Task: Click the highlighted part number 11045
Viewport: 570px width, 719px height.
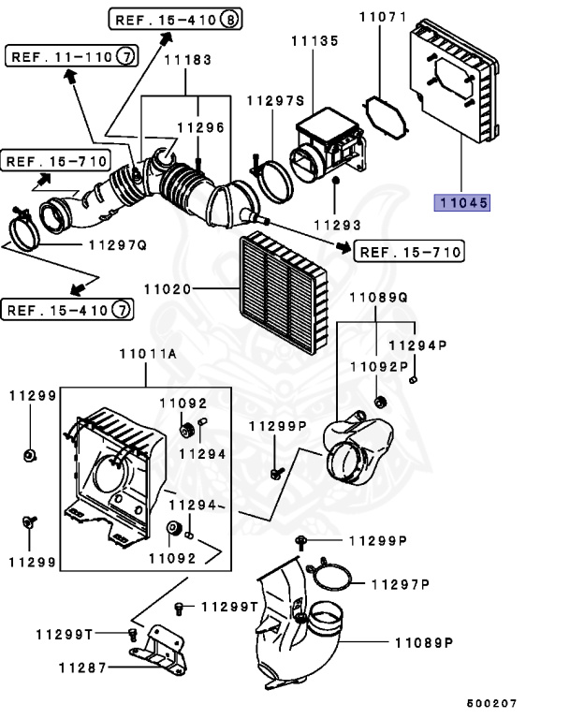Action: pyautogui.click(x=460, y=201)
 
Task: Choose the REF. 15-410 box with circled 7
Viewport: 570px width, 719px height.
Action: pyautogui.click(x=67, y=308)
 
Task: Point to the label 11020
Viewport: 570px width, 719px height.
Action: pyautogui.click(x=173, y=290)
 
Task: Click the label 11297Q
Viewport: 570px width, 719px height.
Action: pyautogui.click(x=117, y=245)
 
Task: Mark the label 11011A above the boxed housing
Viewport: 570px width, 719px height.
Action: pyautogui.click(x=147, y=355)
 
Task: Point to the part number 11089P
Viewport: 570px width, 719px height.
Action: pyautogui.click(x=423, y=643)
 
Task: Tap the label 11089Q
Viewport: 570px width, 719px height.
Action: pyautogui.click(x=379, y=297)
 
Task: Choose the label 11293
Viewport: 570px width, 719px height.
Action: pyautogui.click(x=336, y=226)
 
